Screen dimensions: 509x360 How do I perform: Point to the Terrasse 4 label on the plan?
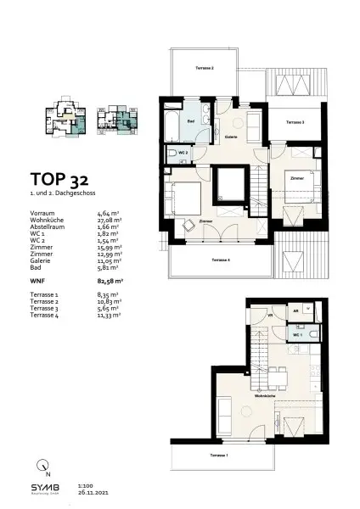pyautogui.click(x=221, y=260)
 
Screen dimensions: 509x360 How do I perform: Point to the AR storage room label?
pyautogui.click(x=295, y=311)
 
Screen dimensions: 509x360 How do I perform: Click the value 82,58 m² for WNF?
pyautogui.click(x=111, y=278)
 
